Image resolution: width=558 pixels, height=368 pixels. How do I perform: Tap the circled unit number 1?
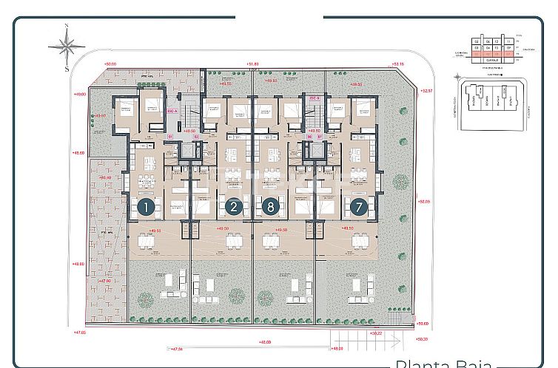[146, 208]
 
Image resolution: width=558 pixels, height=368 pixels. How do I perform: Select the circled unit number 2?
[234, 208]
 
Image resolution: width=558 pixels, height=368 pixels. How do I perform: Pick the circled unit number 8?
[270, 208]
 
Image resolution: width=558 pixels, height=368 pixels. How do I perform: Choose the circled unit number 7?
[359, 208]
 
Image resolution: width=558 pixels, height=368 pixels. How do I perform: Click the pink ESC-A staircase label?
[172, 109]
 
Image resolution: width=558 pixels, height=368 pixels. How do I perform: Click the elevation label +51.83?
[253, 64]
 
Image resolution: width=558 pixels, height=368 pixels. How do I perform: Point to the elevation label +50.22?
[377, 333]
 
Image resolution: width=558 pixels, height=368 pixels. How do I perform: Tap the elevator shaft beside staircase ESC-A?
[187, 151]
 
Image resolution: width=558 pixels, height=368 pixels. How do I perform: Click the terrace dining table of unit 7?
[360, 241]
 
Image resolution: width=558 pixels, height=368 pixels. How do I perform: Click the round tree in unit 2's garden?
[236, 296]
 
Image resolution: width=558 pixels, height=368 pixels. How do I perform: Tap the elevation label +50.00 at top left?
[111, 64]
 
